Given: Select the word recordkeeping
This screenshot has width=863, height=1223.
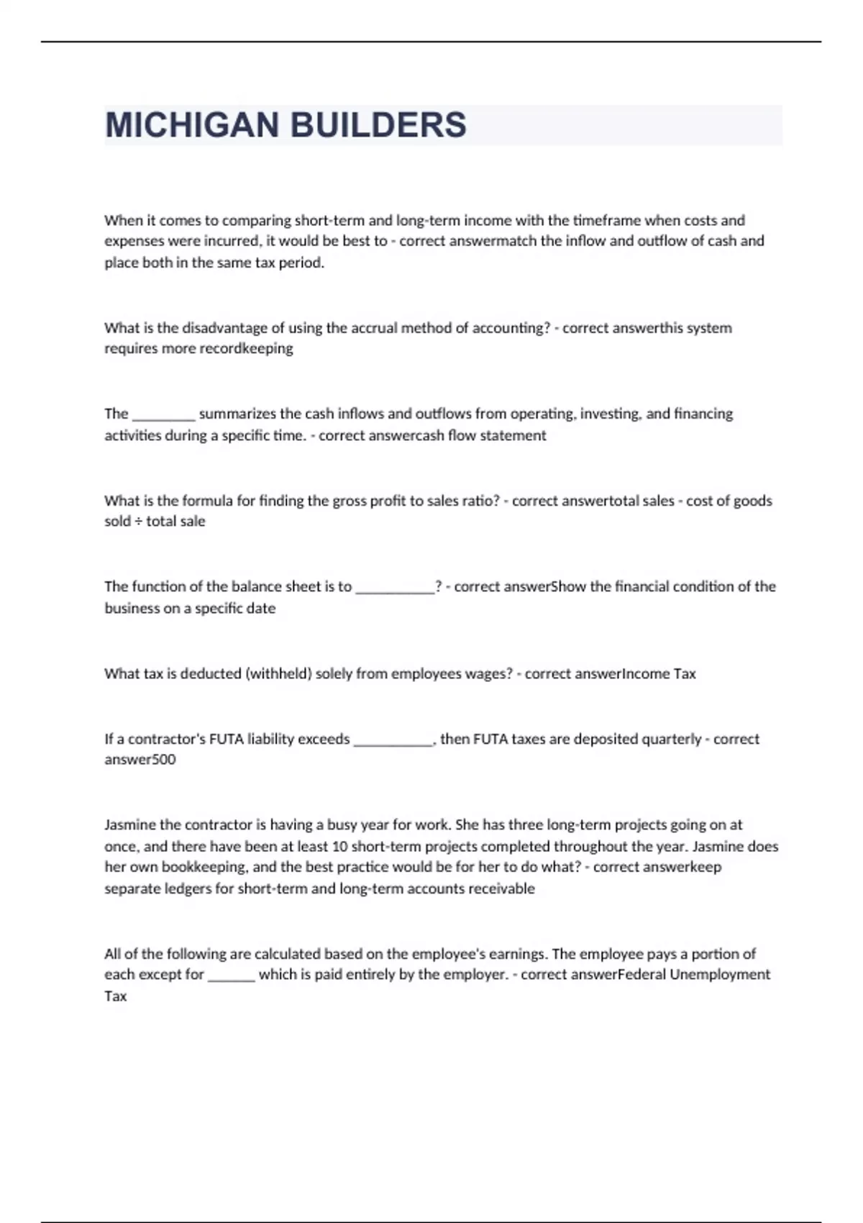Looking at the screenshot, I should tap(246, 349).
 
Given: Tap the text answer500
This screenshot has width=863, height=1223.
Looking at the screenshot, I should tap(140, 760).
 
